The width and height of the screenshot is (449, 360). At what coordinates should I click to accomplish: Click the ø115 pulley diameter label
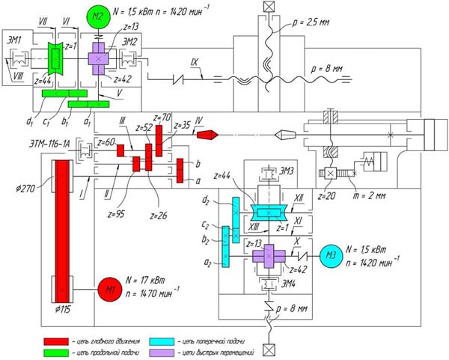(x=65, y=308)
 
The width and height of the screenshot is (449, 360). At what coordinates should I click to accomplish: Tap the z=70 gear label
(x=162, y=118)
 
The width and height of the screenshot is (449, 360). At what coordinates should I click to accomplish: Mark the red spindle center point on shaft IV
(x=212, y=135)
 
